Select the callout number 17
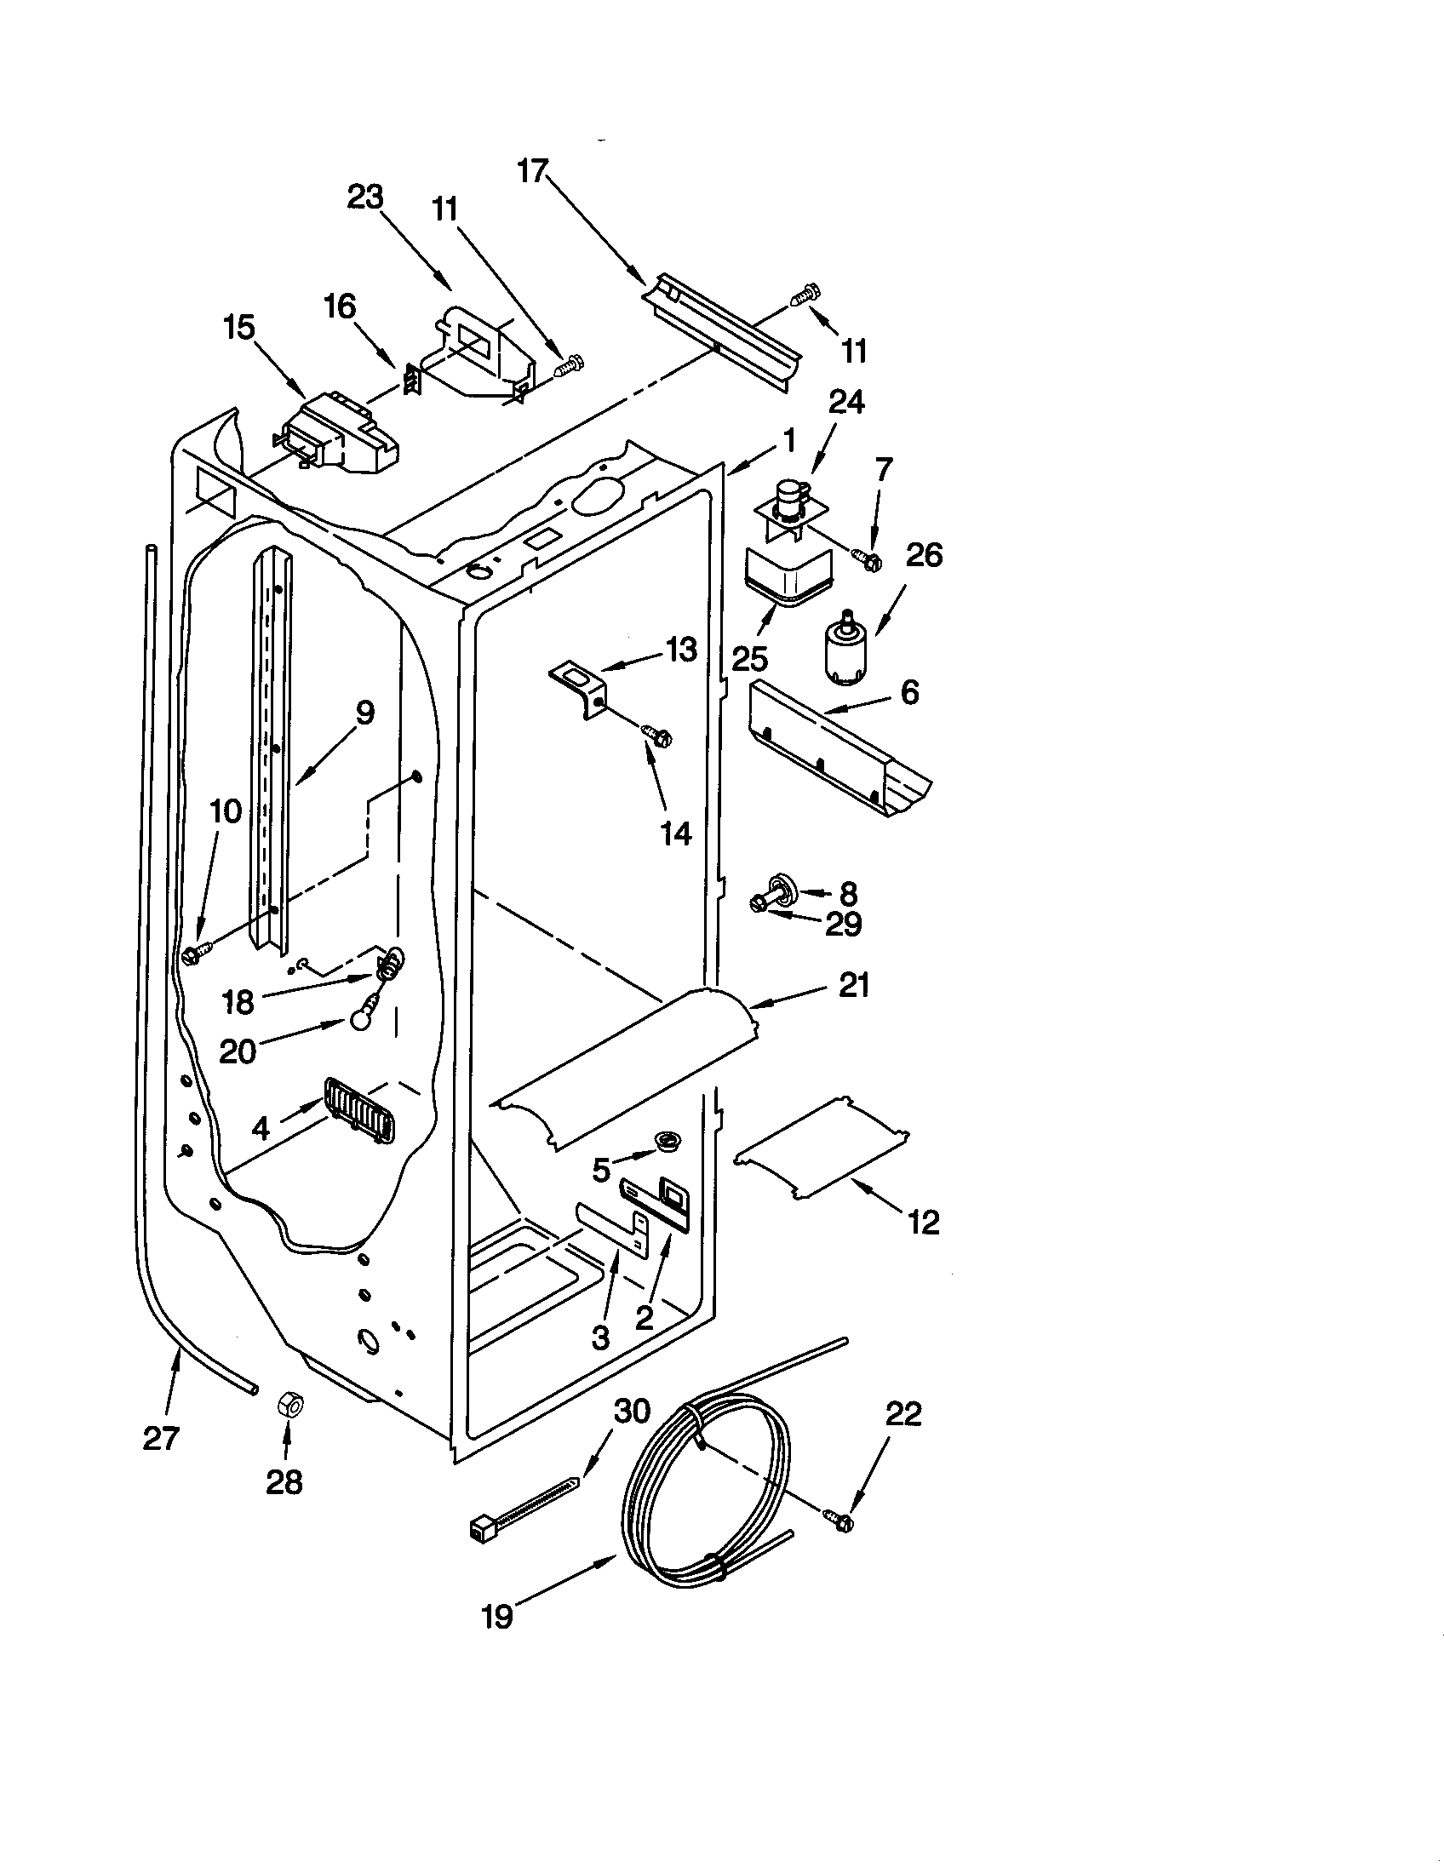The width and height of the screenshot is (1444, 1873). [x=531, y=171]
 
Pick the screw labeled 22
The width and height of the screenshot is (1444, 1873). [x=841, y=1520]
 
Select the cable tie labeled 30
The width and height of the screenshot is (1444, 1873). [x=523, y=1505]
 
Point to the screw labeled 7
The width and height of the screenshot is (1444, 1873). [x=868, y=560]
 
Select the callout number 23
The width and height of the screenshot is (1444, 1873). [x=365, y=198]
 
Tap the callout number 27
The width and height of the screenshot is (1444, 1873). [x=160, y=1438]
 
